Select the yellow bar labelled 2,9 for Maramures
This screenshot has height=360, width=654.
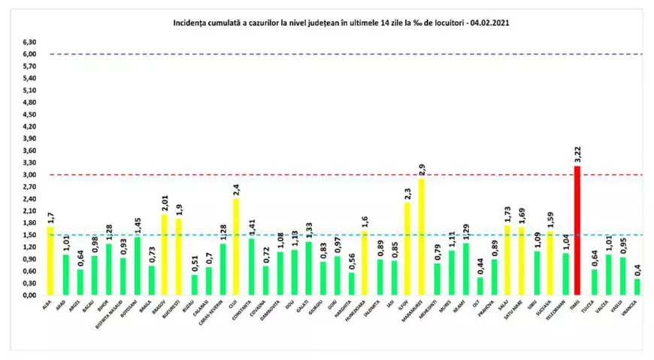click(x=422, y=237)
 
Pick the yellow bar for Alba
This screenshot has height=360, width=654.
click(x=50, y=261)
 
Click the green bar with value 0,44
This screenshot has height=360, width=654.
click(x=480, y=286)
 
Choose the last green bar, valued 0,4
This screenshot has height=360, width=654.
click(x=637, y=287)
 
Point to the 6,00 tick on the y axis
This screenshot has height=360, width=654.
click(x=28, y=54)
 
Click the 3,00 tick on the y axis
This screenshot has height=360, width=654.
click(x=28, y=174)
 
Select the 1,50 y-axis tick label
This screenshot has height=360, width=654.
click(x=28, y=234)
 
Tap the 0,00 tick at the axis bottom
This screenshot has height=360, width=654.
click(x=28, y=295)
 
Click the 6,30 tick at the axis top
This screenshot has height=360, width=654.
click(x=28, y=42)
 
